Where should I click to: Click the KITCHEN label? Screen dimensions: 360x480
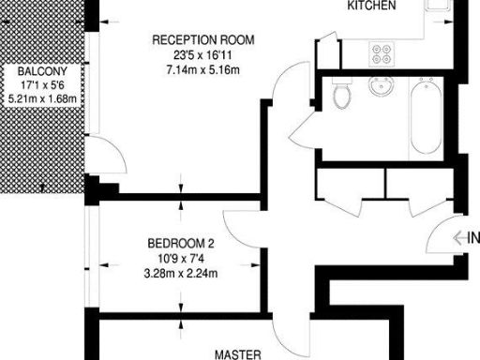[372, 6]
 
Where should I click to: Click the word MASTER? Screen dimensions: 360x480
[237, 354]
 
